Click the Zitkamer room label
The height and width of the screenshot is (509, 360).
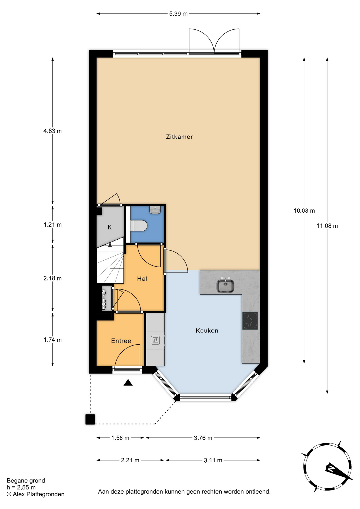click(x=179, y=137)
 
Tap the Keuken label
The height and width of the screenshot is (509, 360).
click(x=207, y=331)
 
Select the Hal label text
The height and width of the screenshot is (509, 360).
click(x=142, y=279)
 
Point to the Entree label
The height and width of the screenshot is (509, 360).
click(x=121, y=341)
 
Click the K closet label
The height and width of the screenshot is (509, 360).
click(x=110, y=227)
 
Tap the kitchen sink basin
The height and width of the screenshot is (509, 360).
click(x=225, y=286)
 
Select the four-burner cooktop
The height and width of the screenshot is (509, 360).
click(x=250, y=321)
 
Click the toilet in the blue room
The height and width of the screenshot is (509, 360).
click(x=139, y=226)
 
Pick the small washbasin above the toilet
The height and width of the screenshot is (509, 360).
click(x=155, y=210)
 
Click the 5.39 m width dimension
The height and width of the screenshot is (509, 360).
click(x=178, y=14)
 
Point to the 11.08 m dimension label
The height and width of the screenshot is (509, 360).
click(x=327, y=226)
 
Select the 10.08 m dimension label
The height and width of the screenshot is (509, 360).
click(x=304, y=211)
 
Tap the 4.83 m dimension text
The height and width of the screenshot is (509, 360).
click(x=52, y=131)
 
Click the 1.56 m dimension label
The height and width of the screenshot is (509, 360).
click(x=120, y=438)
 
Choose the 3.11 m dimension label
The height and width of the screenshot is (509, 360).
click(x=213, y=460)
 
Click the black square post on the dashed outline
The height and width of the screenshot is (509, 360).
click(x=90, y=419)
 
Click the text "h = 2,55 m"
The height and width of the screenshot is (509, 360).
click(x=21, y=487)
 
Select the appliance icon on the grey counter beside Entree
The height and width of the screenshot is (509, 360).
click(x=155, y=340)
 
